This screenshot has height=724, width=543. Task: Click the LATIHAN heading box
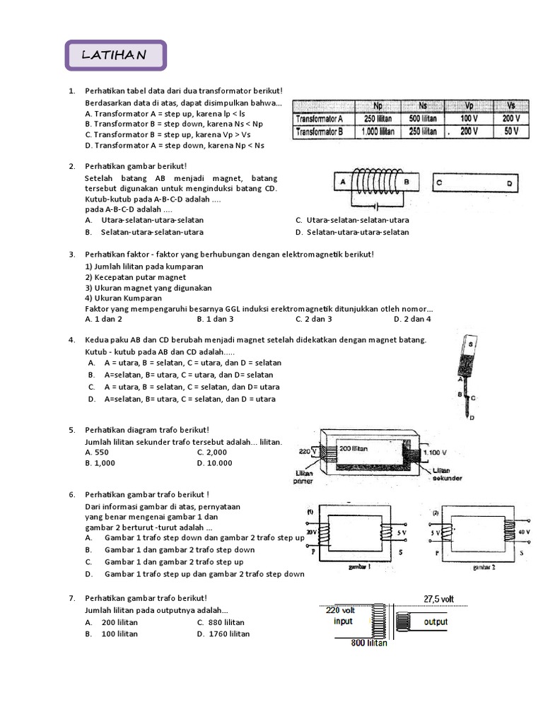[x=115, y=55]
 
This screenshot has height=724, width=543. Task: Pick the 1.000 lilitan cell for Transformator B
[x=377, y=132]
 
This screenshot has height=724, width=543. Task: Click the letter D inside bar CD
[x=509, y=182]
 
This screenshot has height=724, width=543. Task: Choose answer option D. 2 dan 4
[x=412, y=319]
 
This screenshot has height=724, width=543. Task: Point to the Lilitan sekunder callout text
[x=446, y=474]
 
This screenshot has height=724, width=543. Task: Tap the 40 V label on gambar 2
[x=525, y=532]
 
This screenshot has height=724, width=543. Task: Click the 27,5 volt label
[x=438, y=599]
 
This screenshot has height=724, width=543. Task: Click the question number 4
[x=71, y=340]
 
